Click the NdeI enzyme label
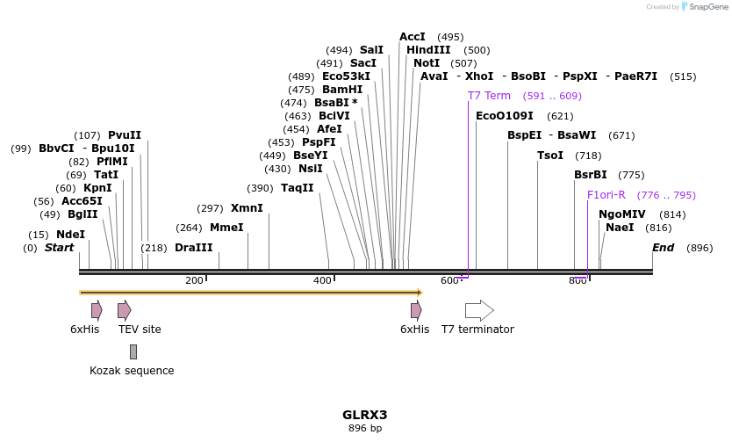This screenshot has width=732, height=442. tap(70, 235)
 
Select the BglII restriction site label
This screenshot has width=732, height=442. tap(83, 214)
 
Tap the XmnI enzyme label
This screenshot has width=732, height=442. tap(247, 208)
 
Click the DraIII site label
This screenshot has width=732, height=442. tap(193, 248)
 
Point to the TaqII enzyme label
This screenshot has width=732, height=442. tap(297, 188)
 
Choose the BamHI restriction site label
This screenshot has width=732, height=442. tap(342, 90)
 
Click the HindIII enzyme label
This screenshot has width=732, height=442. tap(428, 50)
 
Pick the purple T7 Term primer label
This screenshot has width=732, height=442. tap(489, 96)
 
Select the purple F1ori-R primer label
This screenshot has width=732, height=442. tap(606, 195)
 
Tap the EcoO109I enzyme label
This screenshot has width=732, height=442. tap(504, 116)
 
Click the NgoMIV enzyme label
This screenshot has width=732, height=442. tap(621, 214)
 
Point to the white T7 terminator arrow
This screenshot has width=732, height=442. tap(479, 310)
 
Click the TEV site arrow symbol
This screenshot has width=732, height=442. tap(125, 310)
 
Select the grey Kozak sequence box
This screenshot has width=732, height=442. tap(133, 351)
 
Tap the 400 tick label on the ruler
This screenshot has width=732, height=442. tap(322, 280)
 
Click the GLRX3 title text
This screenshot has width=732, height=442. tap(364, 415)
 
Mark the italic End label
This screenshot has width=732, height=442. tap(663, 248)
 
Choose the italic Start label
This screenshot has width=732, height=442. tap(60, 248)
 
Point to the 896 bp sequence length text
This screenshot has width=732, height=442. tap(364, 429)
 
